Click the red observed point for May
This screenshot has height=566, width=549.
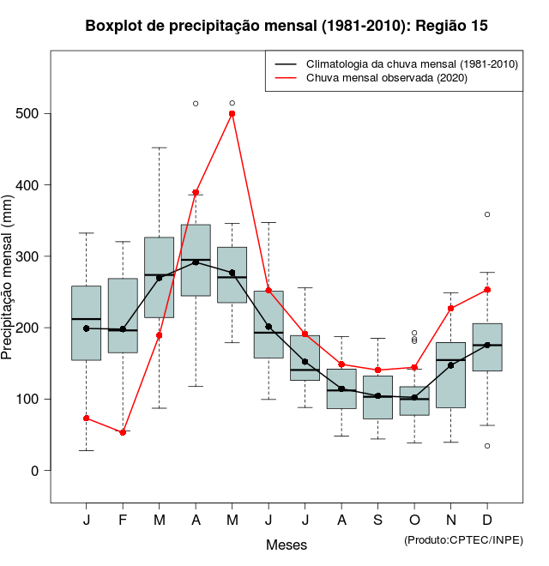232,113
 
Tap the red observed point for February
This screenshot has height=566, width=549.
123,432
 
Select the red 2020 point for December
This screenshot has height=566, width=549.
487,290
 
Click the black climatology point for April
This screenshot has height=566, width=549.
196,262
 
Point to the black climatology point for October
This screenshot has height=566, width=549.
414,398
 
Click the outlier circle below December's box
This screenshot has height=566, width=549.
487,446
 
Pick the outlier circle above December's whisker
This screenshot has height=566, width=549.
487,214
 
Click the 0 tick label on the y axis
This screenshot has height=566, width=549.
37,471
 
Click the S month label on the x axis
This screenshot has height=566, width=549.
378,521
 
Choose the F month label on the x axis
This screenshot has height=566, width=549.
123,521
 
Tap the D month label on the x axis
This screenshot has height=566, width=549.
487,521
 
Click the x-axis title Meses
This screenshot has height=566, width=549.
287,545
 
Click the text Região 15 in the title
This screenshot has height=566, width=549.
451,26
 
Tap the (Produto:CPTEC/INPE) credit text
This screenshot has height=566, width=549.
463,539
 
